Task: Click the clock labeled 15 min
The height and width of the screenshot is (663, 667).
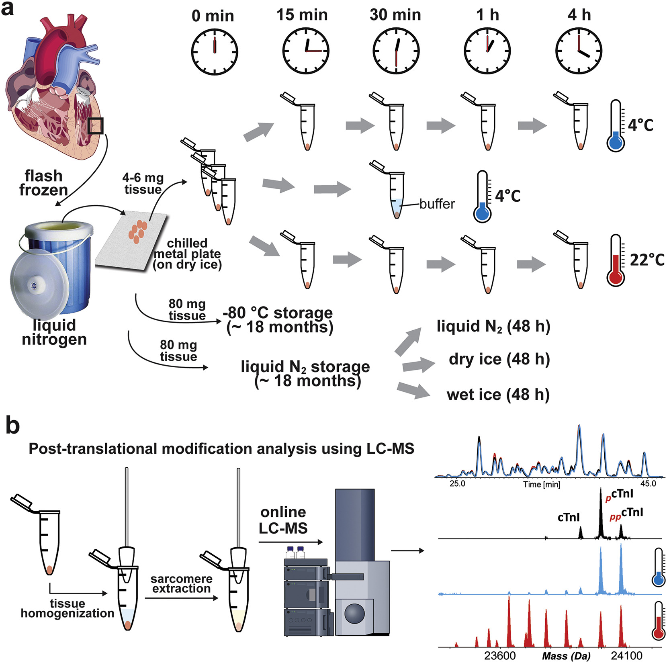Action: tap(306, 51)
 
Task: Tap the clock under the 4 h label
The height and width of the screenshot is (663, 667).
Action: tap(579, 51)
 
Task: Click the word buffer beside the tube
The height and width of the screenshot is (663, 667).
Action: tap(437, 204)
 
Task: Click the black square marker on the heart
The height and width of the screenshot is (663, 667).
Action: tap(96, 126)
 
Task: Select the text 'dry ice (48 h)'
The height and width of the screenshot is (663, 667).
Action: tap(499, 359)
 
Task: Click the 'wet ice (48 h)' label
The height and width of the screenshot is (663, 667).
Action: tap(498, 395)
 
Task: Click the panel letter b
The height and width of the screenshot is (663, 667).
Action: tap(13, 426)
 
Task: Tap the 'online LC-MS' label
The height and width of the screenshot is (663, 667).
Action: tap(283, 520)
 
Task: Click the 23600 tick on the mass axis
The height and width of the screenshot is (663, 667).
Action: tap(500, 656)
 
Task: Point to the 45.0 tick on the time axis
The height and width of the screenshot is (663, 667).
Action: tap(648, 483)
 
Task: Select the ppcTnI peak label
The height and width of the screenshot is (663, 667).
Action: tap(626, 514)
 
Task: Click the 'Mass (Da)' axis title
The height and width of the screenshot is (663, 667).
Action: tap(566, 656)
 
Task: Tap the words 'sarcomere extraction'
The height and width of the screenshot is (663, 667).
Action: tap(181, 583)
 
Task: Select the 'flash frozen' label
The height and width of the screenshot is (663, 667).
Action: tap(43, 183)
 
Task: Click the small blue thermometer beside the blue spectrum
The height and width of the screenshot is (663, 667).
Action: tap(658, 567)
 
